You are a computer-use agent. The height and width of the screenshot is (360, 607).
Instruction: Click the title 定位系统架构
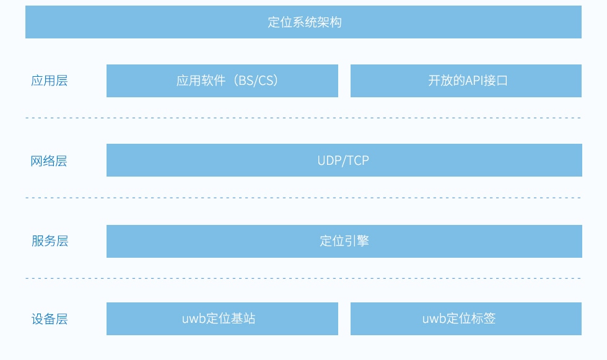click(304, 22)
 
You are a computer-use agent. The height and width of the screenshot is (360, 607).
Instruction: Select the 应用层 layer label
click(50, 81)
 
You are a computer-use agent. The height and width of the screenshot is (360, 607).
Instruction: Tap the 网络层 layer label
click(50, 161)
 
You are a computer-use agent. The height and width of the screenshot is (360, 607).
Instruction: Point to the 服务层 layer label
click(50, 241)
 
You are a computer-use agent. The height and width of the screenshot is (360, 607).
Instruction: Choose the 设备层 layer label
click(50, 319)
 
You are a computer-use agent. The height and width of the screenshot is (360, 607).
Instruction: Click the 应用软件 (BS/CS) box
click(222, 81)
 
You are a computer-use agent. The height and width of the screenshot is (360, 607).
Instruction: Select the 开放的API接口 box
click(466, 81)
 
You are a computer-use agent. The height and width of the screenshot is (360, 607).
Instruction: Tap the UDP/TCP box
click(344, 160)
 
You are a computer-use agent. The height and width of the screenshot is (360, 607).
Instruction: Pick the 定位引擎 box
click(344, 241)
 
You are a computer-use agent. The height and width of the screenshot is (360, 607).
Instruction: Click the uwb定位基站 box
click(222, 318)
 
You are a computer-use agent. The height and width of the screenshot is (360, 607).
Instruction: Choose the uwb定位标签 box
click(466, 318)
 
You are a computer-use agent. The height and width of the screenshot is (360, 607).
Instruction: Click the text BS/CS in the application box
click(256, 81)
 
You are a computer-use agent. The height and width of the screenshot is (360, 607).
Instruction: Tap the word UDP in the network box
click(330, 160)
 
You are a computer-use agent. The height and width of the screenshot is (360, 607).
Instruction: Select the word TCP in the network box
click(357, 160)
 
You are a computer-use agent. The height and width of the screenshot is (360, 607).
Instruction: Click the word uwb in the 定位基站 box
click(193, 319)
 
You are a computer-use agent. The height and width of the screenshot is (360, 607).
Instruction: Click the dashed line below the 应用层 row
click(303, 118)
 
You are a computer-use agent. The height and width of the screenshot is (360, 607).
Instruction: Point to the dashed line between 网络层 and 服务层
click(303, 198)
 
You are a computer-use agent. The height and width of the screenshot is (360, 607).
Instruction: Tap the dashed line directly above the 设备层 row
click(303, 279)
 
